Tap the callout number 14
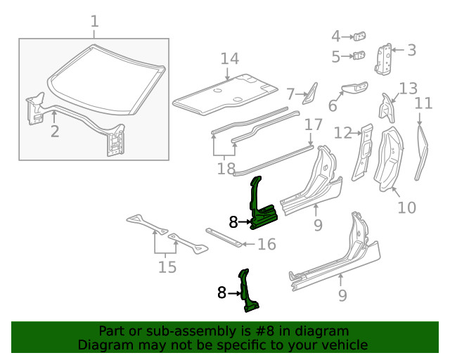tap(230, 59)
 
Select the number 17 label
tap(313, 124)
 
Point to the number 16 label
tap(266, 245)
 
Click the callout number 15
tap(166, 267)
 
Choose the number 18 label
tap(225, 169)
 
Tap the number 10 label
tap(406, 207)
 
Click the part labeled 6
tap(353, 88)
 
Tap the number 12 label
tap(342, 132)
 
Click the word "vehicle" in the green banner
tap(345, 345)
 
